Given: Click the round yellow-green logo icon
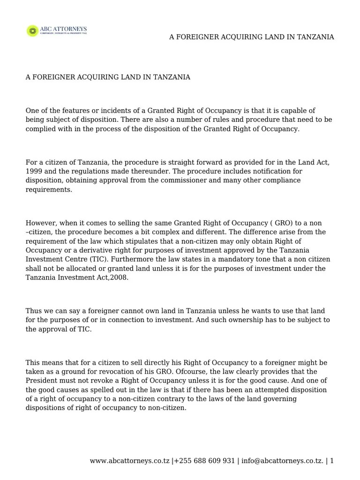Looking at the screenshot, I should (32, 31).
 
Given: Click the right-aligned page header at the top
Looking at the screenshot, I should (251, 37).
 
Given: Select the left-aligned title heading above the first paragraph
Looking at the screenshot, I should (108, 77).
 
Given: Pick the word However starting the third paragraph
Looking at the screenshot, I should (41, 223).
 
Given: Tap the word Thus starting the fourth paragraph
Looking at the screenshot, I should (33, 311).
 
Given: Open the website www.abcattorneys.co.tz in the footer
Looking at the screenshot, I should (130, 461).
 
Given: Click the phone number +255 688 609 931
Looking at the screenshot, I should (205, 461).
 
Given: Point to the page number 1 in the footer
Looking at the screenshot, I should (332, 461).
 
